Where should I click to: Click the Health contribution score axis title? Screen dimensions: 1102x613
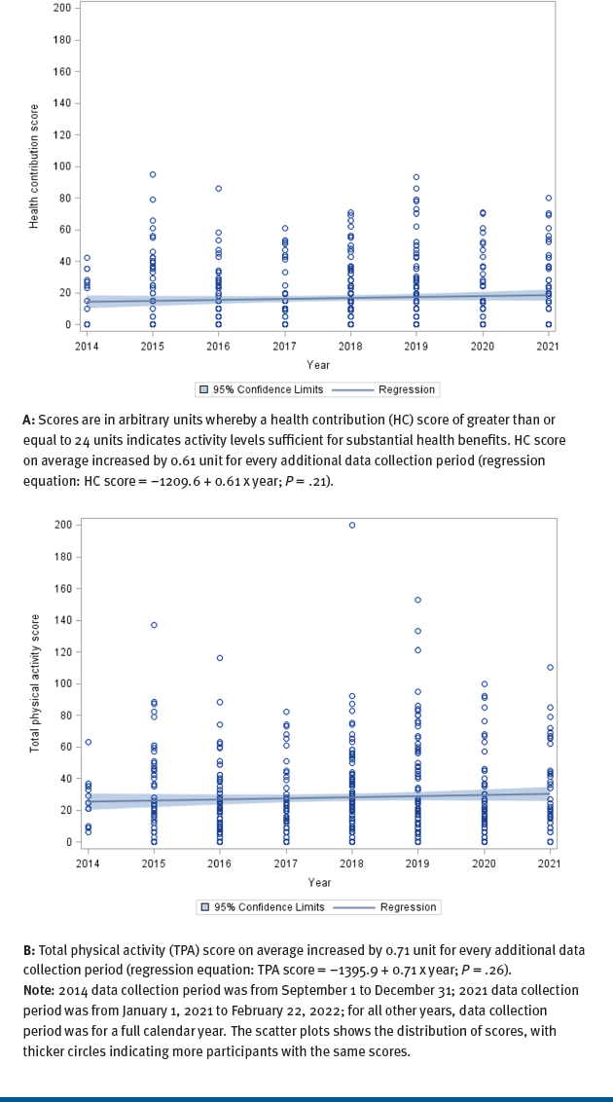[33, 165]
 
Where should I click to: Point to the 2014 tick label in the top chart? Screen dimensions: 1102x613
[88, 346]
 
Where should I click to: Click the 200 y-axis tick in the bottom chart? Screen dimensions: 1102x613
[62, 525]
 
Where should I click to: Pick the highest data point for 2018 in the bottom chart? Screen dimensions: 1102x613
[351, 525]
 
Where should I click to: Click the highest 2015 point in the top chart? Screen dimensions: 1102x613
[153, 174]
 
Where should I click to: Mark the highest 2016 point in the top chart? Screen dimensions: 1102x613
[219, 188]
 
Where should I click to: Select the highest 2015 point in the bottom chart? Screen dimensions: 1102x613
[154, 625]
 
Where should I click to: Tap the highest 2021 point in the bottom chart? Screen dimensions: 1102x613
[550, 667]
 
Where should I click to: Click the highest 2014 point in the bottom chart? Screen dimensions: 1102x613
[88, 742]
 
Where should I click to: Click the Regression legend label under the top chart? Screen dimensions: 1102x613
[406, 389]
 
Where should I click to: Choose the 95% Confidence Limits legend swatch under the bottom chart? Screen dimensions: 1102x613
[205, 906]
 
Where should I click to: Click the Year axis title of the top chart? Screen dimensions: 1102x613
[318, 365]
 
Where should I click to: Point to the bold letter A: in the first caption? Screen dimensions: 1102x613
[29, 421]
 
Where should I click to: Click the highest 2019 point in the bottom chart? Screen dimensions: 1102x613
[417, 600]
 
